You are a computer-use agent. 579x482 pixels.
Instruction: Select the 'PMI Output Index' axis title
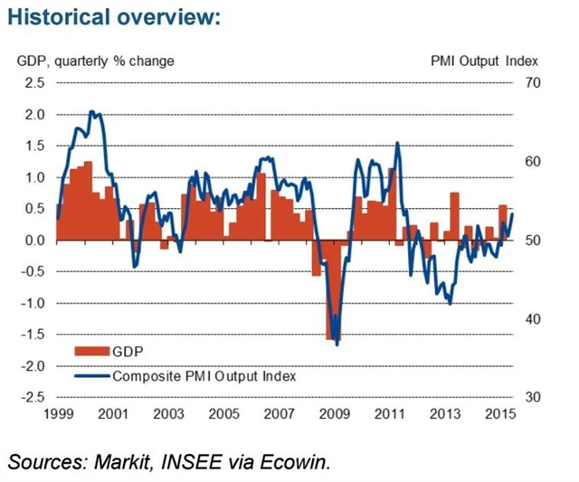coord(484,61)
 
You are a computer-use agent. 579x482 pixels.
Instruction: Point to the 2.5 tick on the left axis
coord(33,83)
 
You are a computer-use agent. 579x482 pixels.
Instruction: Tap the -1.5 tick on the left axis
coord(32,335)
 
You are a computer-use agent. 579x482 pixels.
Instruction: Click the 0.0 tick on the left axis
coord(33,241)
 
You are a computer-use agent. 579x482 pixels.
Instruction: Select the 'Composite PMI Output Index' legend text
coord(204,373)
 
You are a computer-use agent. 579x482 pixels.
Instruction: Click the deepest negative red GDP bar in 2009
coord(332,289)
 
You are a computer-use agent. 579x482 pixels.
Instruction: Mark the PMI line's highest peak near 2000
coord(93,112)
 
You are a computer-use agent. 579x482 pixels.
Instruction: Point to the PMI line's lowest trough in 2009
coord(337,344)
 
